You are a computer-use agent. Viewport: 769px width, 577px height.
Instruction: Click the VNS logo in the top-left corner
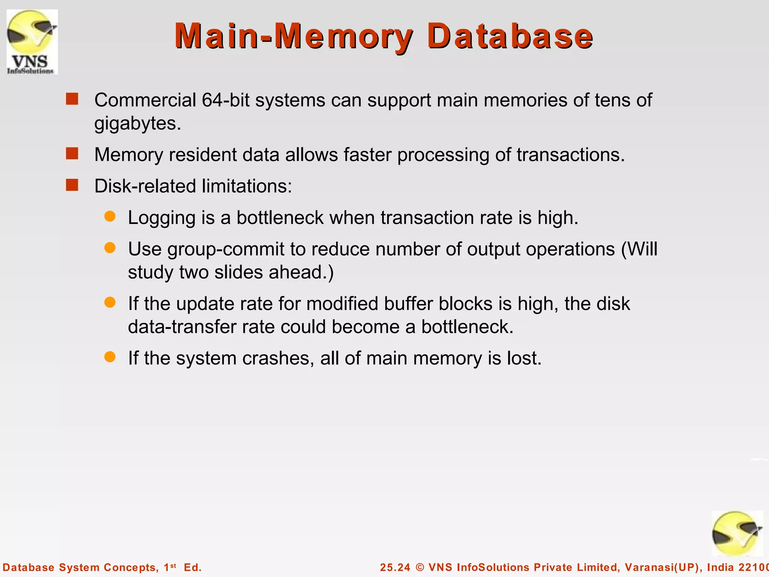coord(32,42)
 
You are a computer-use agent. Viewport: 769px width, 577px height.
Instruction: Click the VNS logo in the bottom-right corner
coord(737,534)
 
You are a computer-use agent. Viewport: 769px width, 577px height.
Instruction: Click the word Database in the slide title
coord(510,36)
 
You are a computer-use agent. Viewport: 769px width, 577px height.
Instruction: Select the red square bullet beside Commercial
coord(72,99)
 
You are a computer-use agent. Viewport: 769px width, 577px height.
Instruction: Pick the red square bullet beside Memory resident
coord(72,154)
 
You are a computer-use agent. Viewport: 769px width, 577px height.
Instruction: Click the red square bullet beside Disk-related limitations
coord(72,185)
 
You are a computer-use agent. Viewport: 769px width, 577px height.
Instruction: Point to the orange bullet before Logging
coord(110,216)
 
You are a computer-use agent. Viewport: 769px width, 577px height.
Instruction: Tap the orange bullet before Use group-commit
coord(110,248)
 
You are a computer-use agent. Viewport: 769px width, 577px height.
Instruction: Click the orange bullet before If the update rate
coord(110,302)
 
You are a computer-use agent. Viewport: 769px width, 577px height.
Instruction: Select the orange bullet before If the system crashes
coord(110,357)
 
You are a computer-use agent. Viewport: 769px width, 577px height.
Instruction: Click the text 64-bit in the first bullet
coord(225,100)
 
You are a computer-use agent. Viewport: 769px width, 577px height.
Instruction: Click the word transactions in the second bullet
coord(570,155)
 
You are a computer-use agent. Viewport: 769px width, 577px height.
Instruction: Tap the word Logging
coord(161,218)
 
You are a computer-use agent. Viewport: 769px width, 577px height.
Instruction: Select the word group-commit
coord(226,250)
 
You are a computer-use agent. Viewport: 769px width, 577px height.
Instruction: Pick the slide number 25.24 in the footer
coord(395,567)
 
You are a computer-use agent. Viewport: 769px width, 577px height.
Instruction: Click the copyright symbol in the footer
coord(420,567)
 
